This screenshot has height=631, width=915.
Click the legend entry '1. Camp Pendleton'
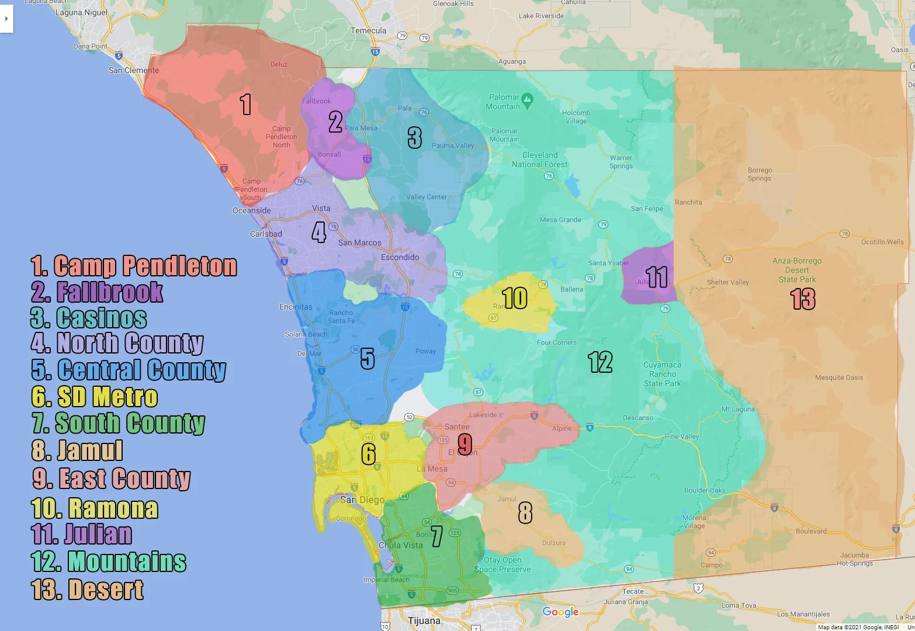point(134,266)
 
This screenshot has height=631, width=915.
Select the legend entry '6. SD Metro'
point(95,397)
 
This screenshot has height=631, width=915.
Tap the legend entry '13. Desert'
point(88,589)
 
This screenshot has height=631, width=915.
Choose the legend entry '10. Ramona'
point(95,508)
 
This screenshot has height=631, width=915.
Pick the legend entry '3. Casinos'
point(89,318)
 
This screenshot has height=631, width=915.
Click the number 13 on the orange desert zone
point(803,299)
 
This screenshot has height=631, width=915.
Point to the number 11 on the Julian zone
point(657,277)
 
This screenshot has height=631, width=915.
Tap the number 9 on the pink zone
point(465,443)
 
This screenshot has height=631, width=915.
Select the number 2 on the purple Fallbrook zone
point(335,122)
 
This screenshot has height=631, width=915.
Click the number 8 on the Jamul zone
point(525,513)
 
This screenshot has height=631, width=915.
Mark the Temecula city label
point(368,30)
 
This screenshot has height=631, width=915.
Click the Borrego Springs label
point(760,174)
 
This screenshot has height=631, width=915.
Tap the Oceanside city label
point(252,210)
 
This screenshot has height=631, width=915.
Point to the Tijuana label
point(424,620)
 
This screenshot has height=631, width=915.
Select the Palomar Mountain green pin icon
point(527,98)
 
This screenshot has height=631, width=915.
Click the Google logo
point(560,612)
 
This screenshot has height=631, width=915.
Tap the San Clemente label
point(134,70)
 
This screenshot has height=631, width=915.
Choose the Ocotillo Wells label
point(882,242)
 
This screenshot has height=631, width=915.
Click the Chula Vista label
point(401,545)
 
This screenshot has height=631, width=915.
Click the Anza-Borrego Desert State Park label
point(797,270)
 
